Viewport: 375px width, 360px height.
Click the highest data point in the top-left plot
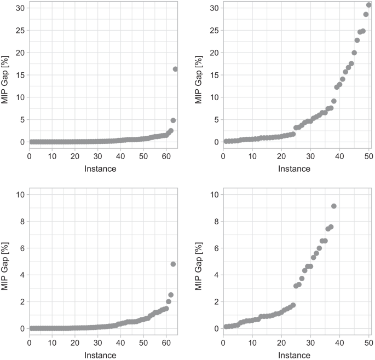[x=176, y=69]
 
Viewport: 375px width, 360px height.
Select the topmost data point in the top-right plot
[x=368, y=5]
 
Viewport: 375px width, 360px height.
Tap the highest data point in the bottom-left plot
[x=173, y=264]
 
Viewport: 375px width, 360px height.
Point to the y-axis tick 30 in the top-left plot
[x=20, y=8]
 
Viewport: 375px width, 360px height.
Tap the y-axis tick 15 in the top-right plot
[x=214, y=75]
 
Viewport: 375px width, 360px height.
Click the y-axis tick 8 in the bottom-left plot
[x=22, y=222]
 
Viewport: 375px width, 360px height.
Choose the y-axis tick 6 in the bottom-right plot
[x=216, y=248]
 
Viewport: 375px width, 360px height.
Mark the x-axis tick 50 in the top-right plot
[x=368, y=156]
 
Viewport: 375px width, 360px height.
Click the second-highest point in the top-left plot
[x=173, y=120]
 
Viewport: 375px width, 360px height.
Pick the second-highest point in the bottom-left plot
[x=171, y=295]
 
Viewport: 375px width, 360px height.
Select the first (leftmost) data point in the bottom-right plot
[x=226, y=327]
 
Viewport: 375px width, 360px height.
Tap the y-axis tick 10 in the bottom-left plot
[x=20, y=195]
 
